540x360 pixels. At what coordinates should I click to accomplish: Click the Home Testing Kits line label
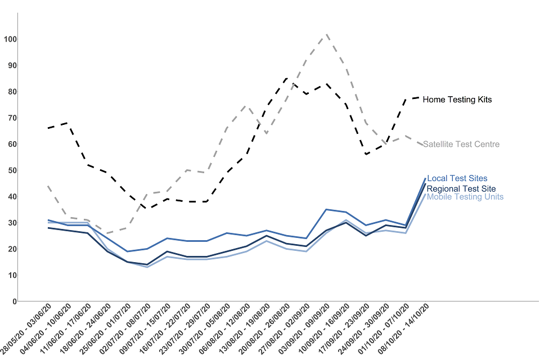pyautogui.click(x=457, y=100)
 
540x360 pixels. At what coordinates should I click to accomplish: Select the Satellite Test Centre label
pyautogui.click(x=461, y=145)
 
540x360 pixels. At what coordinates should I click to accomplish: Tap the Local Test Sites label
pyautogui.click(x=457, y=178)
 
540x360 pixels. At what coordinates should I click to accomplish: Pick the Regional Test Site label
pyautogui.click(x=461, y=188)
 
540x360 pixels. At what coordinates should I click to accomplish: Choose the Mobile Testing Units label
pyautogui.click(x=465, y=197)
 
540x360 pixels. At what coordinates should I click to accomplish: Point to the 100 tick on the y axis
pyautogui.click(x=10, y=39)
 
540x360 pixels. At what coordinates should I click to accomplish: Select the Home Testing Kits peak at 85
pyautogui.click(x=287, y=78)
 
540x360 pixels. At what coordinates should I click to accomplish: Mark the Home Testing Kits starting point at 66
pyautogui.click(x=48, y=128)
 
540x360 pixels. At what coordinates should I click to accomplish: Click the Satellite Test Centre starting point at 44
pyautogui.click(x=48, y=186)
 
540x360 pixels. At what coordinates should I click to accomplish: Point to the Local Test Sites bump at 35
pyautogui.click(x=327, y=209)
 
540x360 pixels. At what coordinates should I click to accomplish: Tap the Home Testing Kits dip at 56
pyautogui.click(x=366, y=154)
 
